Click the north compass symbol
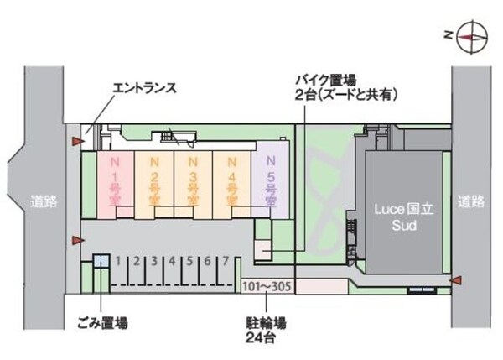pos(472,37)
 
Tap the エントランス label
pos(145,88)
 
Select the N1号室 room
pos(116,185)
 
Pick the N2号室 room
pos(154,185)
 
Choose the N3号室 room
pos(193,185)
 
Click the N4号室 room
pos(231,185)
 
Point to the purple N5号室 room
pos(270,185)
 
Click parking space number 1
pos(118,261)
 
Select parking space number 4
pos(172,261)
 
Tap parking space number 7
pos(226,261)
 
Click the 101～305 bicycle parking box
pos(267,286)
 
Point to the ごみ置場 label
pos(102,323)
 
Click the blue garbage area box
pos(101,260)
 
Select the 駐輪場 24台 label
pos(266,331)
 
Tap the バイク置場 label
pos(326,80)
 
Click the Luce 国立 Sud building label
pos(404,217)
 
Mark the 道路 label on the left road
pos(44,201)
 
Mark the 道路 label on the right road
pos(470,201)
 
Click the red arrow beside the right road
pos(455,280)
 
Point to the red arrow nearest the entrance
pos(78,141)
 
